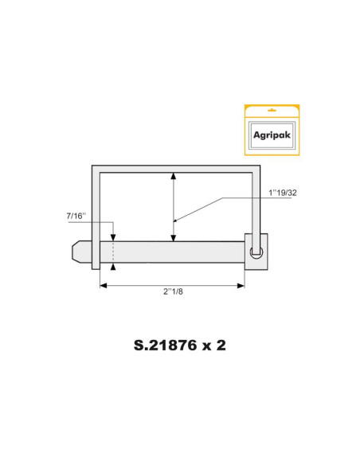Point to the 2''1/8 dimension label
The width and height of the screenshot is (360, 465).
tap(173, 292)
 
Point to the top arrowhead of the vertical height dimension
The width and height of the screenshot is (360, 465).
tap(174, 176)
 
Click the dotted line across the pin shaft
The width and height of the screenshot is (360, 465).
tap(113, 252)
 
